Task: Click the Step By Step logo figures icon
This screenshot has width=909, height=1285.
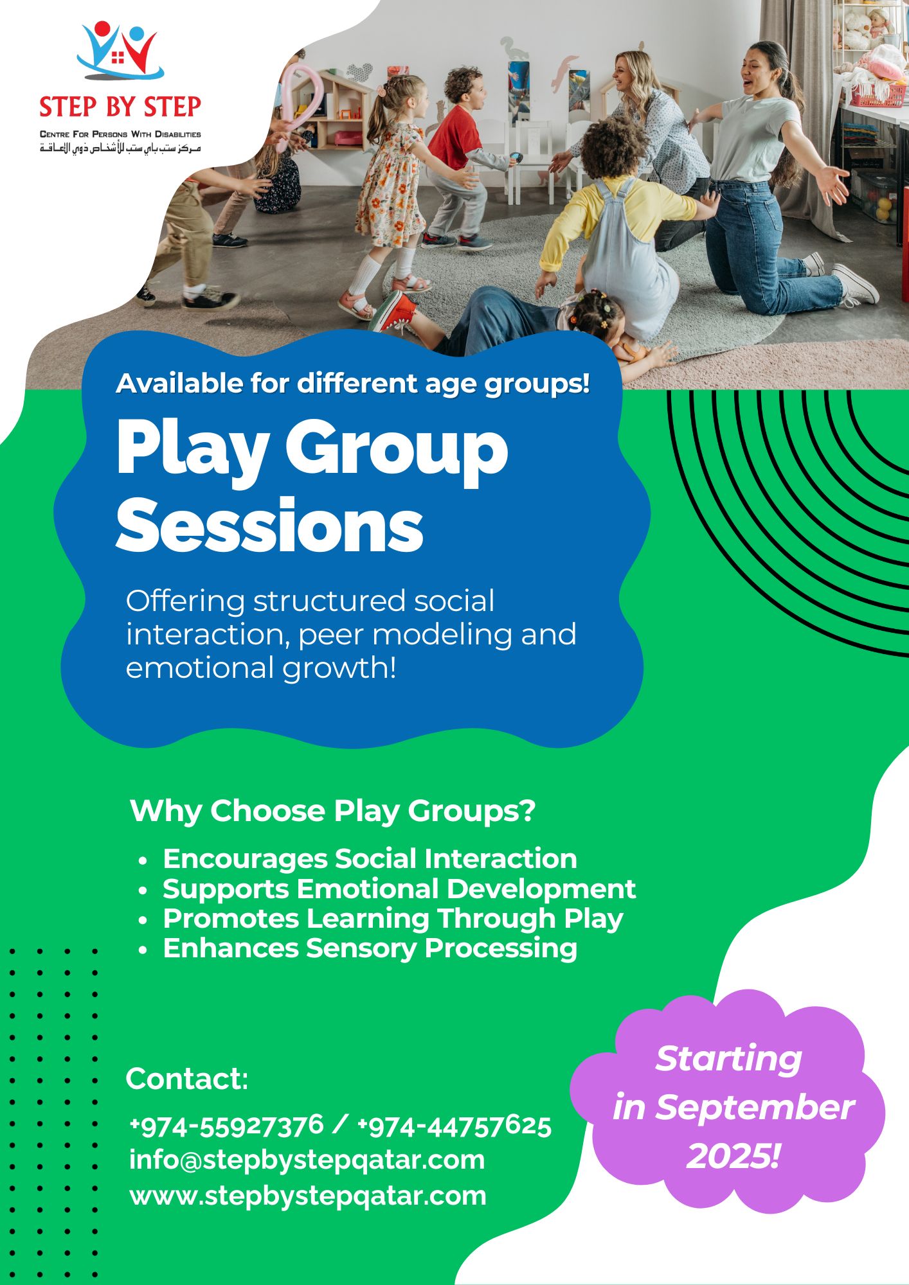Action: click(x=120, y=51)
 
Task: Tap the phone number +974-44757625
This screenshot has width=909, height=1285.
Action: click(x=454, y=1126)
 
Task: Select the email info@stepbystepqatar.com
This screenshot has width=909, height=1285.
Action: click(x=307, y=1160)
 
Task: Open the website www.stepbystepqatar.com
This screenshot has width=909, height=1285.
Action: click(x=308, y=1196)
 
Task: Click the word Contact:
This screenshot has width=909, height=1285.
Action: click(x=186, y=1079)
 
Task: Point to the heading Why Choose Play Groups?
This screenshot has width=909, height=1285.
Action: click(x=332, y=811)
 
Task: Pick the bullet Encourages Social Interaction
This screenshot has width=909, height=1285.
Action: click(x=370, y=859)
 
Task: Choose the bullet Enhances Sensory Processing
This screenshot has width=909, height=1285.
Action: click(x=370, y=948)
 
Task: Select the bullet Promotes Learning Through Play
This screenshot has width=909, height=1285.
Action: click(x=393, y=919)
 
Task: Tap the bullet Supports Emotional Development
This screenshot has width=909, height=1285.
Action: click(x=399, y=889)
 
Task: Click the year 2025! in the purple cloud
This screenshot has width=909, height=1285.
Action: click(x=733, y=1156)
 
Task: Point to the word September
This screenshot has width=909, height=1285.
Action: click(x=754, y=1107)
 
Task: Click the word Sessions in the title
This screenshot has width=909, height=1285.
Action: click(x=269, y=526)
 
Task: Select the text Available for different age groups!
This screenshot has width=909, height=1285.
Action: click(x=352, y=384)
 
